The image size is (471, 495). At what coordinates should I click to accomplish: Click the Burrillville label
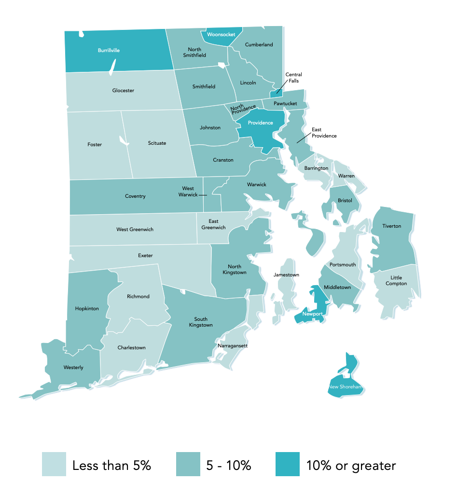109,50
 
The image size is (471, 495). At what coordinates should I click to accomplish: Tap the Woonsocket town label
221,35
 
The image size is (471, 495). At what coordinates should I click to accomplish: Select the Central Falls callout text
293,78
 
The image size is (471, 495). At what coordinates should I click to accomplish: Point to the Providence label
260,123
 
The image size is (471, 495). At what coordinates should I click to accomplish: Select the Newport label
312,314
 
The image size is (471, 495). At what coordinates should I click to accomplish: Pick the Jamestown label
286,275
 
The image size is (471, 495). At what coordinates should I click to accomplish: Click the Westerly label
73,368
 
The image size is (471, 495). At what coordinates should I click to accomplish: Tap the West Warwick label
188,192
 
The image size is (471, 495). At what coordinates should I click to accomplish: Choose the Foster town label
95,144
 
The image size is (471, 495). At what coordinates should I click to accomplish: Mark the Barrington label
316,168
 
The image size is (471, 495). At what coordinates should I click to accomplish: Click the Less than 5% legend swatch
54,464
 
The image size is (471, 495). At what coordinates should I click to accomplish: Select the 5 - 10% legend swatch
188,464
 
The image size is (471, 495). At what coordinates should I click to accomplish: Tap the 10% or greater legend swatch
287,464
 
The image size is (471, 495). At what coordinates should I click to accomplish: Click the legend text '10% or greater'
351,466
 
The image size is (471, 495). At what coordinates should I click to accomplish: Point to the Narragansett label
233,346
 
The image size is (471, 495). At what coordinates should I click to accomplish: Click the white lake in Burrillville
112,67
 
